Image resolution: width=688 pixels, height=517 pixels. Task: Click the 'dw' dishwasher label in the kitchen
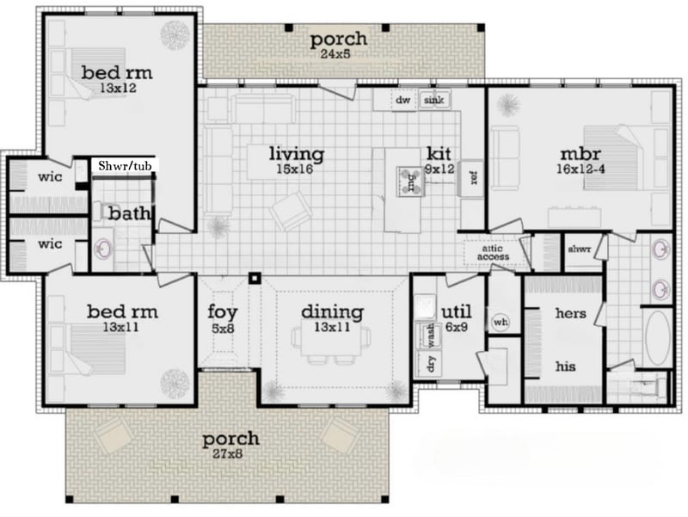point(402,100)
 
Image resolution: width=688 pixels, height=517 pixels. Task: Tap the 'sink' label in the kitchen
point(433,100)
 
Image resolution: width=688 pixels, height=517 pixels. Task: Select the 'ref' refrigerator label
point(474,178)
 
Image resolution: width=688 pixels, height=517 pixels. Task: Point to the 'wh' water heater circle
point(501,322)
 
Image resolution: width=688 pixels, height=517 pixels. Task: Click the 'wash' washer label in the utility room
point(431,335)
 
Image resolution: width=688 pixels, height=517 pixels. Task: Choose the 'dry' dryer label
point(431,364)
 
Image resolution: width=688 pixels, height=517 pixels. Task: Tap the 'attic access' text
point(493,253)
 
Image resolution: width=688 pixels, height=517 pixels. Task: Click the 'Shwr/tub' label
point(125,166)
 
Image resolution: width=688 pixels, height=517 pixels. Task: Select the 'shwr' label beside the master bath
point(580,249)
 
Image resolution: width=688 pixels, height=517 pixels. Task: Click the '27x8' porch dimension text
point(228,454)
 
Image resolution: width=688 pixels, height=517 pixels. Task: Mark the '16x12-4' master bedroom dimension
point(581,169)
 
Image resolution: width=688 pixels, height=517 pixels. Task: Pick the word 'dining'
point(333,312)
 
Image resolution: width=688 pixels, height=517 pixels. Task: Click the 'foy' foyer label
point(223,312)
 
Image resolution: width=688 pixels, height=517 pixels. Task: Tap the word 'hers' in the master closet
point(570,313)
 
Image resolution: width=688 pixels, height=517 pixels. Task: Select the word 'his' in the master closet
point(565,366)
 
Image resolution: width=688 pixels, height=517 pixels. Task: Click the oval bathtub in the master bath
point(658,338)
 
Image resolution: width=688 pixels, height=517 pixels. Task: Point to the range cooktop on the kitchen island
point(411,181)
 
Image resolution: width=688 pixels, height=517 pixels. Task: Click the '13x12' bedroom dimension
point(118,88)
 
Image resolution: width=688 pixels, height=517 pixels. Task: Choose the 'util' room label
point(457,312)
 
